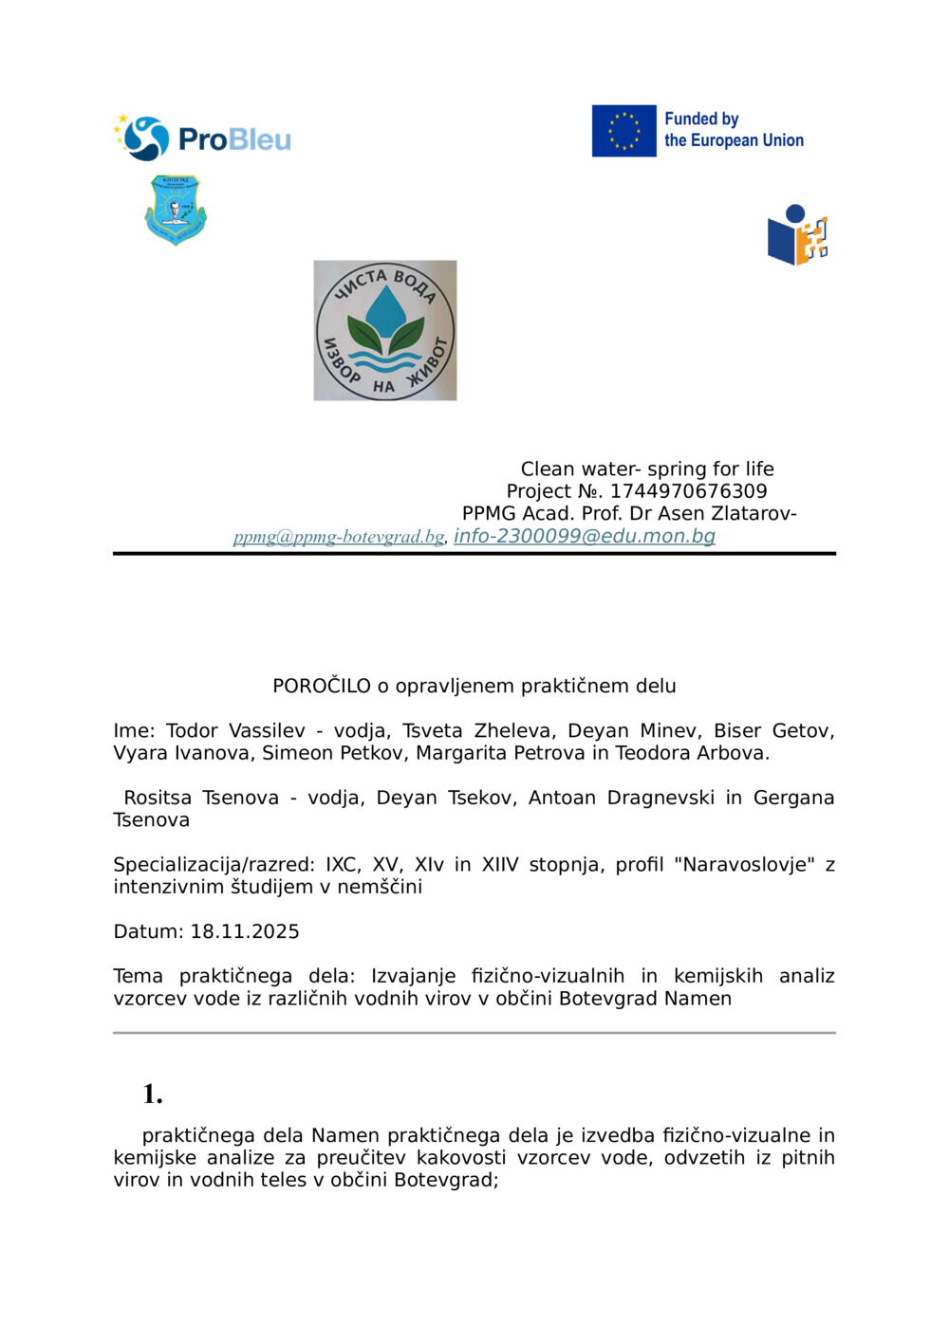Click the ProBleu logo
click(x=203, y=138)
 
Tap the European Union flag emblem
click(x=623, y=131)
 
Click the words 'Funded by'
click(x=701, y=119)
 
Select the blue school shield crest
click(x=176, y=210)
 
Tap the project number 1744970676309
click(x=688, y=491)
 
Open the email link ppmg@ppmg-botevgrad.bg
click(x=339, y=537)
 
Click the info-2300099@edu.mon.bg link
click(x=585, y=536)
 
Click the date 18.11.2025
click(x=245, y=931)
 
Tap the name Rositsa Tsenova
click(x=201, y=798)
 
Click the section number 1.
click(x=153, y=1094)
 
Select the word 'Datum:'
click(x=149, y=931)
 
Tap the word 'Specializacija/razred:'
click(x=214, y=865)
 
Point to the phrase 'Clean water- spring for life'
click(x=647, y=469)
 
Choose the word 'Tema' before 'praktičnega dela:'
click(x=138, y=976)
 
